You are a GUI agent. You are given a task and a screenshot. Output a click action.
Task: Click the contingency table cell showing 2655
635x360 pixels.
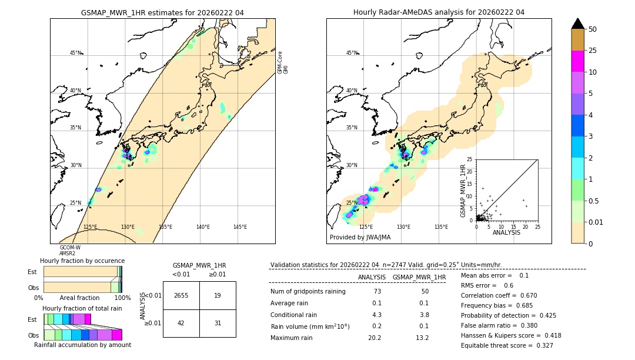[x=181, y=295]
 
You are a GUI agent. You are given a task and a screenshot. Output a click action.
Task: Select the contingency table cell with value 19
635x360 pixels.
[x=218, y=295]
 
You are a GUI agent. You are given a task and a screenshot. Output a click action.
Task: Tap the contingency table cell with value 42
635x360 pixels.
[x=181, y=323]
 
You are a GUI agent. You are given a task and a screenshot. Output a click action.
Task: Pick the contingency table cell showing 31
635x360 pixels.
[x=218, y=323]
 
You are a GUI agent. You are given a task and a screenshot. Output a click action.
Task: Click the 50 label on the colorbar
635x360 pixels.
[x=593, y=29]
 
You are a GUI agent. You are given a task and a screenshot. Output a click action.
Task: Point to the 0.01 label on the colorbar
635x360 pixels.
[x=595, y=222]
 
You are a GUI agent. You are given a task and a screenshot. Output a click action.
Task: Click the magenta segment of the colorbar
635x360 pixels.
[x=578, y=61]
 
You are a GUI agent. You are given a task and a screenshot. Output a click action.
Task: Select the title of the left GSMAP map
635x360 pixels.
[x=162, y=12]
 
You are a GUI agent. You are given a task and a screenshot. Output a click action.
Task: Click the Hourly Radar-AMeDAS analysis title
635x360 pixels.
[x=439, y=12]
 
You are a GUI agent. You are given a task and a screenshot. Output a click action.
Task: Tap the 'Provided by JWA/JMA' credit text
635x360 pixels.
[x=360, y=237]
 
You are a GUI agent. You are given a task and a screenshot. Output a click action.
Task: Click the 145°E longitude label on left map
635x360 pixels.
[x=240, y=227]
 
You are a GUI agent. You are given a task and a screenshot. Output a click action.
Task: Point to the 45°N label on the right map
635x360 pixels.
[x=352, y=53]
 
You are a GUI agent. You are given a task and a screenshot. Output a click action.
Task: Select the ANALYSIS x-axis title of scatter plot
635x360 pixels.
[x=506, y=232]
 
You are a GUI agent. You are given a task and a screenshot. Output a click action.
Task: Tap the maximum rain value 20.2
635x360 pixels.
[x=375, y=338]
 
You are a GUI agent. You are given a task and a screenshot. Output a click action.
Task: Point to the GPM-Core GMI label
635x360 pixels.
[x=283, y=62]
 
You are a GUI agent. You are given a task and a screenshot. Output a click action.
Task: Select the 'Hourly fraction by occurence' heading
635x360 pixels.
[x=82, y=261]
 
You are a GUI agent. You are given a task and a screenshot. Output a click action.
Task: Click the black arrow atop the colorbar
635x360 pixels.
[x=578, y=24]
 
